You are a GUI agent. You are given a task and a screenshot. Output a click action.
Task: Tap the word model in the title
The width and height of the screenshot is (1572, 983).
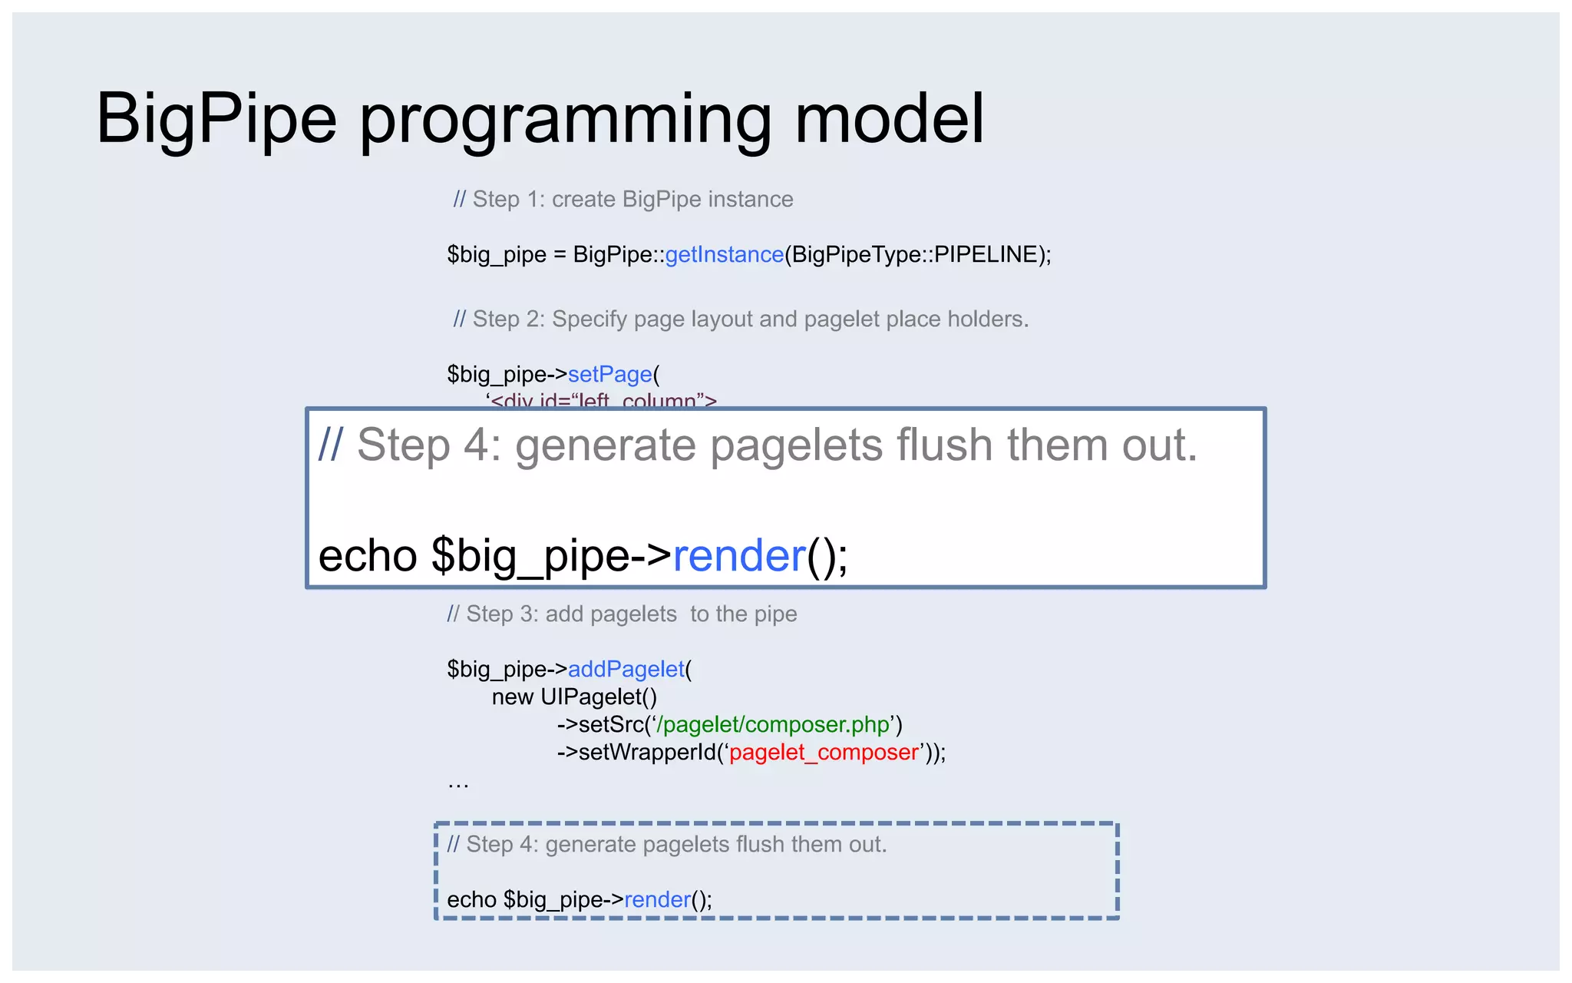(x=889, y=119)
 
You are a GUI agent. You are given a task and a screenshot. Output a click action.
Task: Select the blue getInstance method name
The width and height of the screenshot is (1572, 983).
(x=724, y=254)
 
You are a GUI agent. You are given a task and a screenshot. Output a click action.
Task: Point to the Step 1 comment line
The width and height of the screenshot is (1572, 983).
(x=623, y=199)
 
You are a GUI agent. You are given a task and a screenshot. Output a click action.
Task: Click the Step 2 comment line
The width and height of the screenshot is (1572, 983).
(x=741, y=319)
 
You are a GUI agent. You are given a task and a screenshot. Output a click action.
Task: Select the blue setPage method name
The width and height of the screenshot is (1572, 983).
(x=609, y=374)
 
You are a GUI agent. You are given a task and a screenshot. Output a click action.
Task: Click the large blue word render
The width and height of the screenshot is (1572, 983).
(x=738, y=555)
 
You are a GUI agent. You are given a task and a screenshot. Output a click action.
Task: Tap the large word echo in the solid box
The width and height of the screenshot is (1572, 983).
(x=367, y=555)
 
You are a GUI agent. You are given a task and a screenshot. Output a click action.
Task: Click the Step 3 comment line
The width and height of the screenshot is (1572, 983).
(x=622, y=614)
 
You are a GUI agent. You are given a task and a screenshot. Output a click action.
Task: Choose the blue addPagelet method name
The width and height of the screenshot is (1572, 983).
(x=626, y=669)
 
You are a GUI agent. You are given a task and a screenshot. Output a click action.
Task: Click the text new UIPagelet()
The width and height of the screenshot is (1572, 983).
(x=574, y=697)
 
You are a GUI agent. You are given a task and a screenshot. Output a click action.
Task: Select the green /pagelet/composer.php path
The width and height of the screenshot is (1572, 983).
(x=772, y=724)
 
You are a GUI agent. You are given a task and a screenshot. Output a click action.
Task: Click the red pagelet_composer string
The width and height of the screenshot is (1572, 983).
(x=824, y=752)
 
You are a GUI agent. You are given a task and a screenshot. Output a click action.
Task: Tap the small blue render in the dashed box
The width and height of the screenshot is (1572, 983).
(x=657, y=899)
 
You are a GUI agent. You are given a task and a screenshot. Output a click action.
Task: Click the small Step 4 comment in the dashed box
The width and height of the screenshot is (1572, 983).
(x=666, y=844)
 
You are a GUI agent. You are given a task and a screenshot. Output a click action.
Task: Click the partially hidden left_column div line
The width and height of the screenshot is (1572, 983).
(x=602, y=400)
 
